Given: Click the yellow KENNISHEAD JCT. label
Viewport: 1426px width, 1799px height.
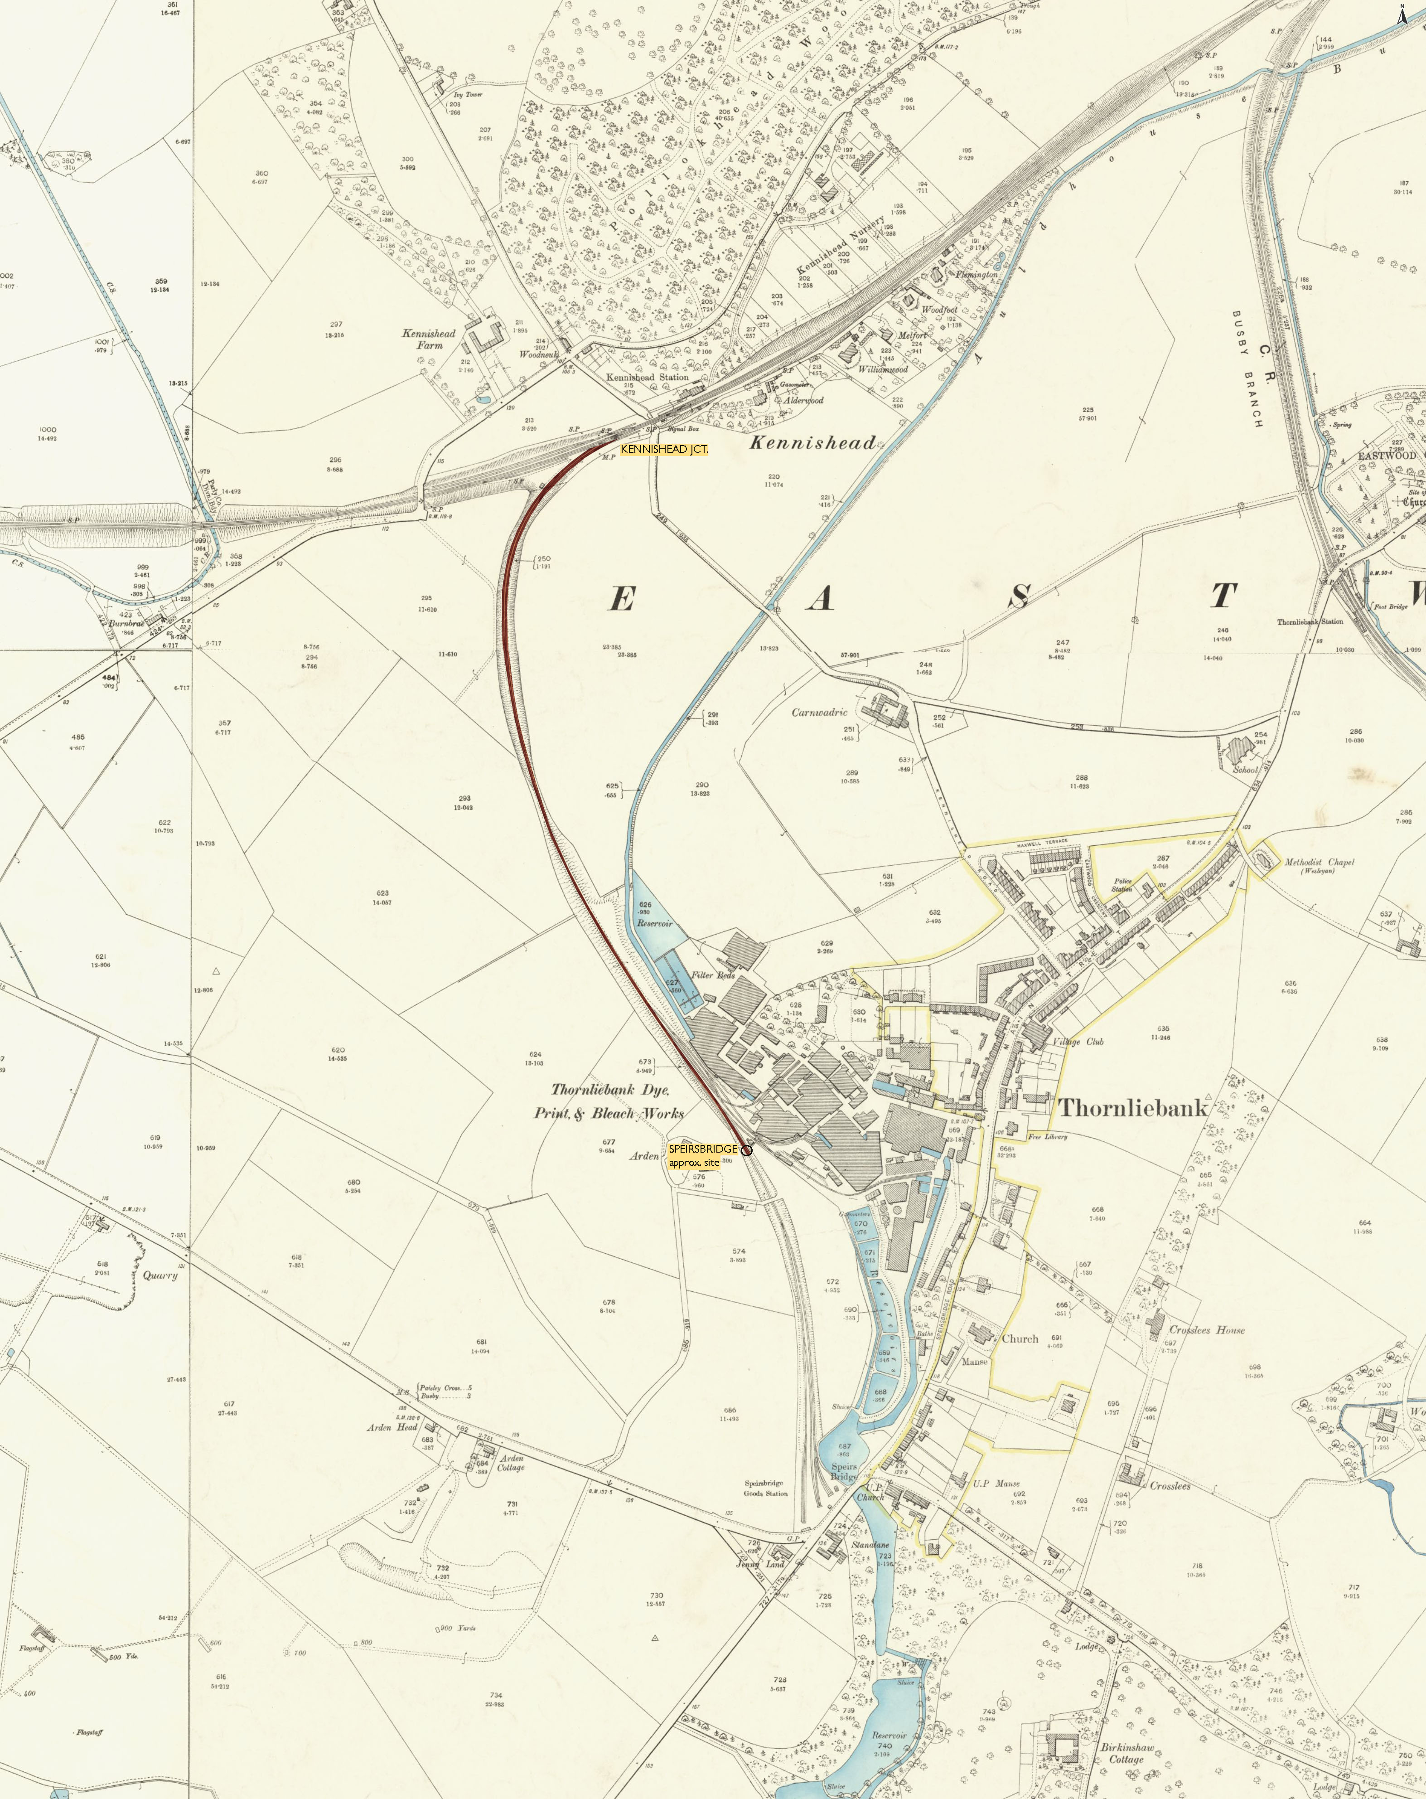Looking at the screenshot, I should (x=664, y=449).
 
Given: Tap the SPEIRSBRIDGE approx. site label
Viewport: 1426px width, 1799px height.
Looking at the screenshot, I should (x=702, y=1155).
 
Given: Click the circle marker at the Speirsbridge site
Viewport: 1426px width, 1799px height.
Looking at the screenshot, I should (x=747, y=1151).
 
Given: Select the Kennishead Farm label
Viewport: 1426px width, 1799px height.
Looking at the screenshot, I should (x=429, y=339).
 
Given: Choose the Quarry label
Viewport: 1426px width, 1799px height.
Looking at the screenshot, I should (x=160, y=1275).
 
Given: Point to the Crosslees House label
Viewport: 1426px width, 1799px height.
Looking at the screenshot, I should (x=1207, y=1330).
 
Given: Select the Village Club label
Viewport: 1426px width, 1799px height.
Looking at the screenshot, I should (x=1078, y=1041).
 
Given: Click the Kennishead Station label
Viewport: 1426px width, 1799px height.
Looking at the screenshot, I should (x=648, y=377).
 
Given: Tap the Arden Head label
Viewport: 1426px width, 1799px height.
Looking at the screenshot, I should (x=392, y=1427).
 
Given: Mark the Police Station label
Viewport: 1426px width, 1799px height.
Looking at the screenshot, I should (x=1122, y=884).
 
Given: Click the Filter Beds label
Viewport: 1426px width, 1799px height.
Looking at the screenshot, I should (x=713, y=975).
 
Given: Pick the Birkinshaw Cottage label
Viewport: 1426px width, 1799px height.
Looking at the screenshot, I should (x=1126, y=1753).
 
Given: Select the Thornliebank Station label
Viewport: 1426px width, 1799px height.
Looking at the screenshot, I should (x=1309, y=621).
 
